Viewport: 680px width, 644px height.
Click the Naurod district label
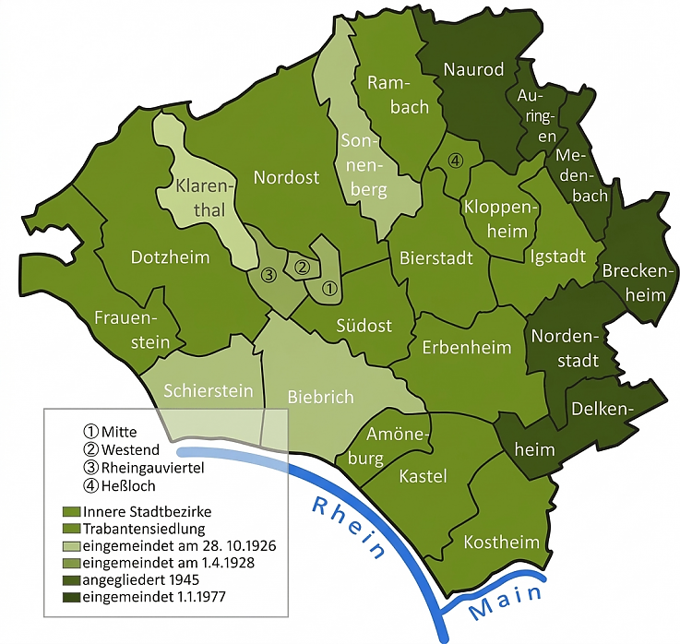click(x=473, y=69)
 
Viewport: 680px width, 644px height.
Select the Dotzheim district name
click(x=170, y=256)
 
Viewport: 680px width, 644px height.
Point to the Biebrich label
click(x=320, y=397)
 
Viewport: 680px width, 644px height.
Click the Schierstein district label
click(x=208, y=391)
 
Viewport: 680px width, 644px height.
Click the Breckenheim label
click(x=634, y=281)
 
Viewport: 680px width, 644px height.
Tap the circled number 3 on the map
click(x=268, y=274)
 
